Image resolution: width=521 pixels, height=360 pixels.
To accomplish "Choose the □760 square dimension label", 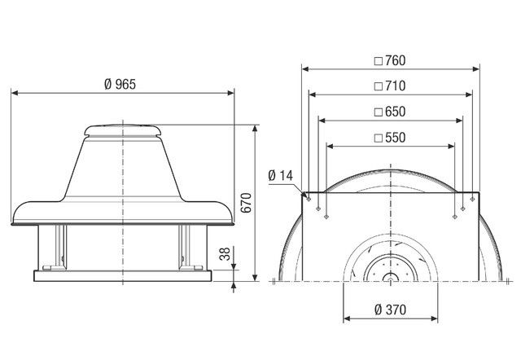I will tap(389, 60).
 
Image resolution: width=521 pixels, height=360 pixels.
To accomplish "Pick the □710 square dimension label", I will tap(389, 86).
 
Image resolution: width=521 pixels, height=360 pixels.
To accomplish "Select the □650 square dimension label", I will tap(389, 112).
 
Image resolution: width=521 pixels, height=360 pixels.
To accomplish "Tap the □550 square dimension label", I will tap(389, 138).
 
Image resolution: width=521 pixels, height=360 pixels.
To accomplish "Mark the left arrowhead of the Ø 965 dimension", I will tap(14, 93).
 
